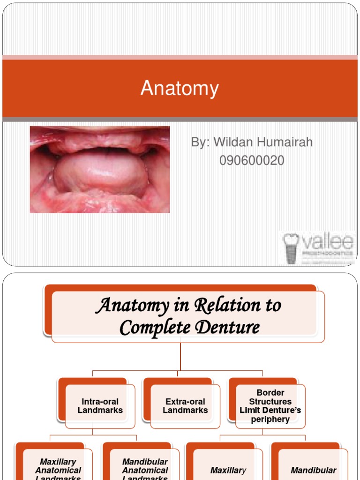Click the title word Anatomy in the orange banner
tap(180, 88)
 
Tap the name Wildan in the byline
tap(234, 142)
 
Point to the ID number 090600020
tap(252, 160)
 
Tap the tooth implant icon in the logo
tap(291, 248)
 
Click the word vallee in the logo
tap(326, 243)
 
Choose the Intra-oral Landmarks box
tap(100, 406)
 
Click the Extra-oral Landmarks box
tap(185, 406)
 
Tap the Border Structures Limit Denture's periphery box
tap(270, 406)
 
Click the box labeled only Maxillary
tap(228, 470)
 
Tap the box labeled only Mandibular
tap(313, 470)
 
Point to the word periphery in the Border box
tap(270, 419)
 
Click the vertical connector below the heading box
tap(180, 356)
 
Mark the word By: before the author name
tap(201, 142)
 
